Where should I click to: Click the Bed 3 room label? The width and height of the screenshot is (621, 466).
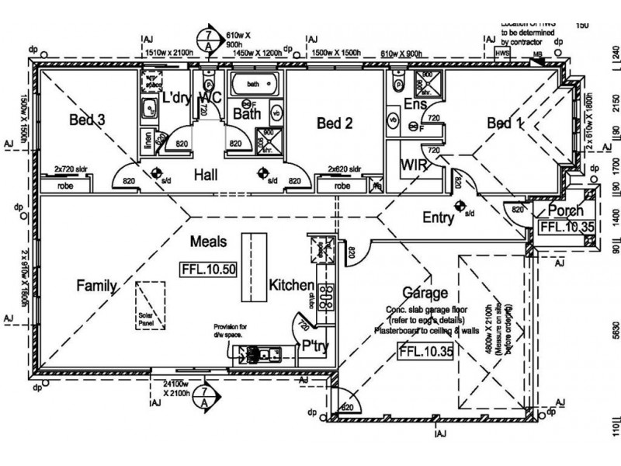pyautogui.click(x=88, y=120)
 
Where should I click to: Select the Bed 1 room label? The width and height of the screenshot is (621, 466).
pyautogui.click(x=505, y=123)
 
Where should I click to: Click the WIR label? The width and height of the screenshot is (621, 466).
pyautogui.click(x=411, y=165)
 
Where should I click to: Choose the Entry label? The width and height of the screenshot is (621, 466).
pyautogui.click(x=438, y=218)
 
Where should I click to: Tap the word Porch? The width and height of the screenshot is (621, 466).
pyautogui.click(x=565, y=211)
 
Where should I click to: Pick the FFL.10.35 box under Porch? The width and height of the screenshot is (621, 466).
pyautogui.click(x=567, y=227)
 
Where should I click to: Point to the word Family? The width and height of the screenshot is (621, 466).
pyautogui.click(x=96, y=286)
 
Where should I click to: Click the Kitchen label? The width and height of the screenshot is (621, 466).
pyautogui.click(x=291, y=286)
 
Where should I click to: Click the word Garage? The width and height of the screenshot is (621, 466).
pyautogui.click(x=425, y=293)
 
